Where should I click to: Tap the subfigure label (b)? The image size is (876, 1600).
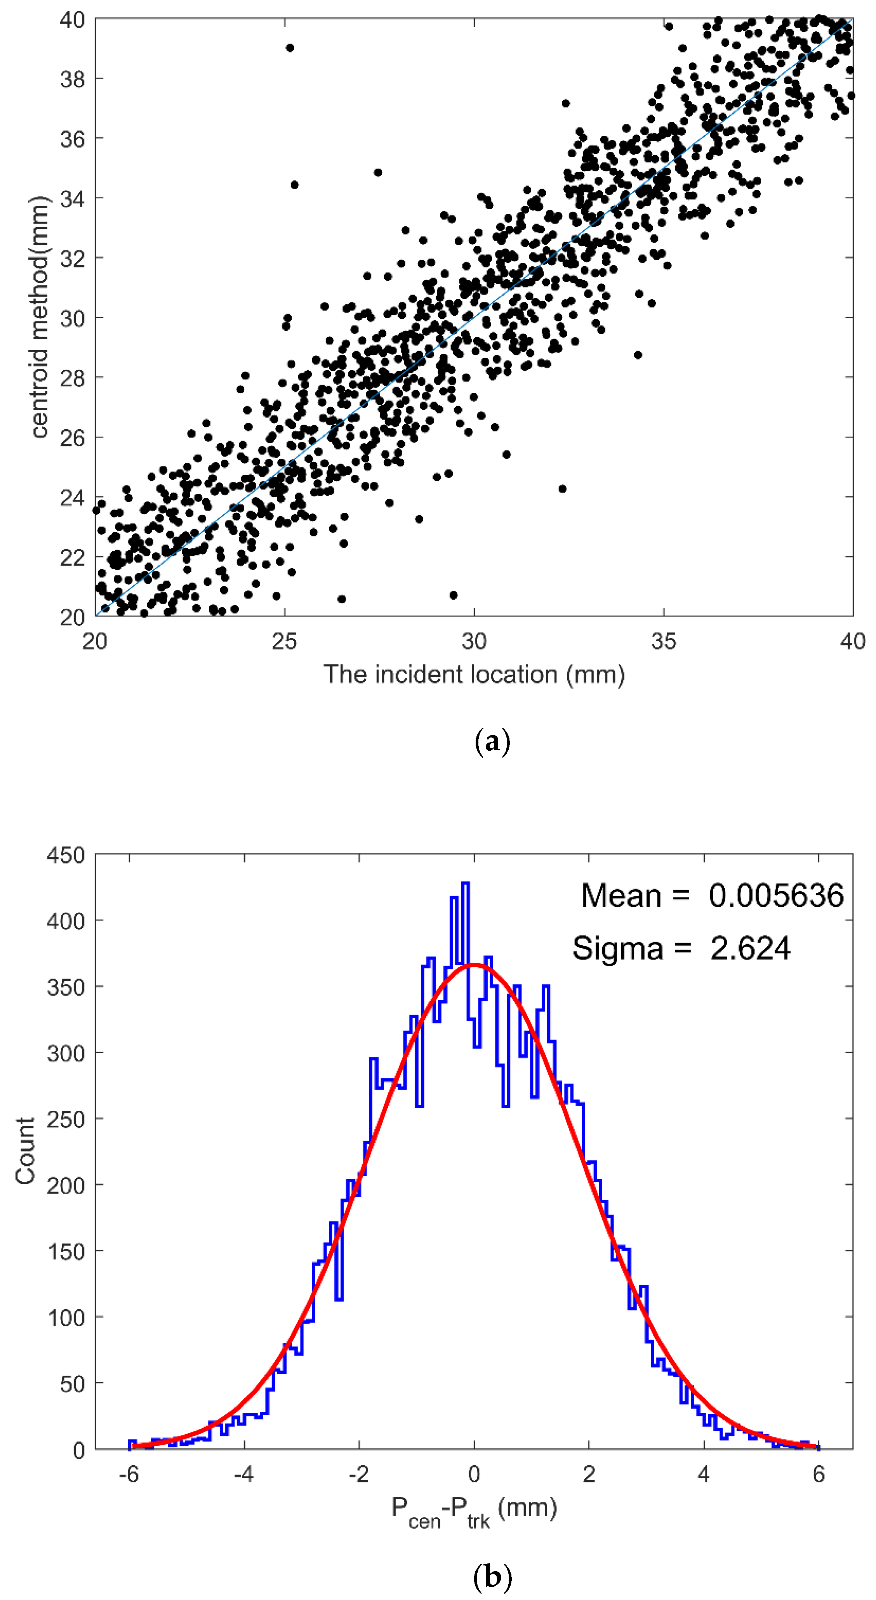tap(492, 1576)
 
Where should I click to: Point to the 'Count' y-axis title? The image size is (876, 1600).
tap(25, 1151)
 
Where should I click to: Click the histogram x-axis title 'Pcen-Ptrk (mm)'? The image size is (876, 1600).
tap(473, 1509)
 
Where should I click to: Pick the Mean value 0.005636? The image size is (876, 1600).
tap(776, 895)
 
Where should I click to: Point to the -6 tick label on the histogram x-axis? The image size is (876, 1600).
tap(129, 1473)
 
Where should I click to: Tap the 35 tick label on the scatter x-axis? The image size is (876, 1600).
tap(664, 640)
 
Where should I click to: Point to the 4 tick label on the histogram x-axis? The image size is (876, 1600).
tap(703, 1473)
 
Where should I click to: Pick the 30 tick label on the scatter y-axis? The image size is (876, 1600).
tap(72, 318)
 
